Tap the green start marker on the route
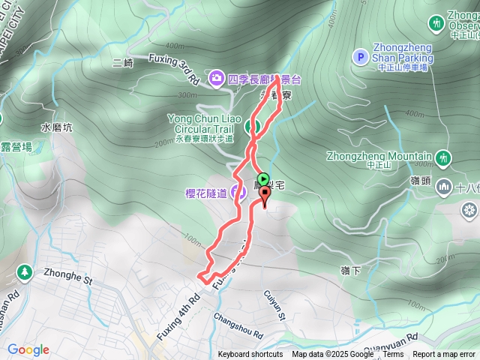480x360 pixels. (x=260, y=178)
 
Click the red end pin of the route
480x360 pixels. (x=264, y=196)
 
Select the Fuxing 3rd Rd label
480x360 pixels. (x=173, y=68)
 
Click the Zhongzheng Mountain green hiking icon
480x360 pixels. (x=444, y=157)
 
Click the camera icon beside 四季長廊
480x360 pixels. (x=217, y=76)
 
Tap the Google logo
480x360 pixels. (x=28, y=349)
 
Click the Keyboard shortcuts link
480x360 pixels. (x=250, y=355)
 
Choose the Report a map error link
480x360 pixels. (x=444, y=355)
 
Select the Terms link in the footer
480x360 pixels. (x=393, y=355)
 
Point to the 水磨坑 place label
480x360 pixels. (x=57, y=127)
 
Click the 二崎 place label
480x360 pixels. (x=122, y=64)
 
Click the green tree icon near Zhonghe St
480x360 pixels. (x=24, y=271)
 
